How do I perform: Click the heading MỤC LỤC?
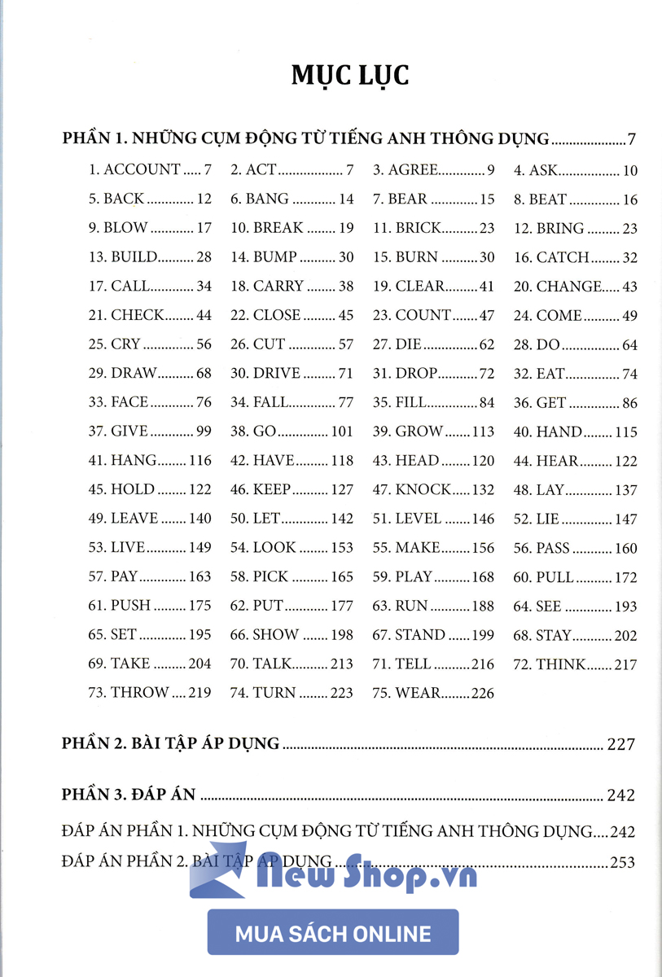(349, 75)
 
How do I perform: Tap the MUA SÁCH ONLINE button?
(333, 933)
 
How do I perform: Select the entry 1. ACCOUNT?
(134, 170)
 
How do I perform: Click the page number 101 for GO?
(342, 432)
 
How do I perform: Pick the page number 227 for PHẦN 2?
(620, 743)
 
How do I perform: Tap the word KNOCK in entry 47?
(423, 489)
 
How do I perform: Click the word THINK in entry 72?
(561, 664)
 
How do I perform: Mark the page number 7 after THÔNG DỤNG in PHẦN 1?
(631, 139)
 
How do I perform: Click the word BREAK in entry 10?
(278, 228)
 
